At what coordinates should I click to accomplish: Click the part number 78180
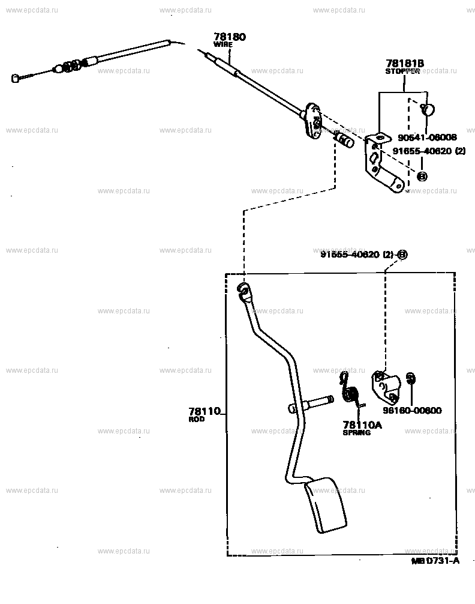pyautogui.click(x=230, y=37)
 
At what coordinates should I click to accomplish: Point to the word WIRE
pyautogui.click(x=223, y=44)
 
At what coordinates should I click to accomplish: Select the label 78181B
pyautogui.click(x=405, y=63)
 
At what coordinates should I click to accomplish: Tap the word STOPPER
pyautogui.click(x=402, y=71)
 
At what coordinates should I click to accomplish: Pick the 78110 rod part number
pyautogui.click(x=205, y=411)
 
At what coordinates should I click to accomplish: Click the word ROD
pyautogui.click(x=197, y=419)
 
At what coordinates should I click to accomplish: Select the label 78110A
pyautogui.click(x=362, y=424)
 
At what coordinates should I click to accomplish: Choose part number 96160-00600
pyautogui.click(x=413, y=411)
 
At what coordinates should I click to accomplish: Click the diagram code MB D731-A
pyautogui.click(x=435, y=561)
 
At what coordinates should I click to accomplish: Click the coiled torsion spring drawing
pyautogui.click(x=349, y=391)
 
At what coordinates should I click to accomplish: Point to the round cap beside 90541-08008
pyautogui.click(x=428, y=109)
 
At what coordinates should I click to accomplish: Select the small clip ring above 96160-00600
pyautogui.click(x=411, y=378)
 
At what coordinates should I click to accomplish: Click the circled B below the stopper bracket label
pyautogui.click(x=422, y=177)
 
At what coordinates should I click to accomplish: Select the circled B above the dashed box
pyautogui.click(x=402, y=255)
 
